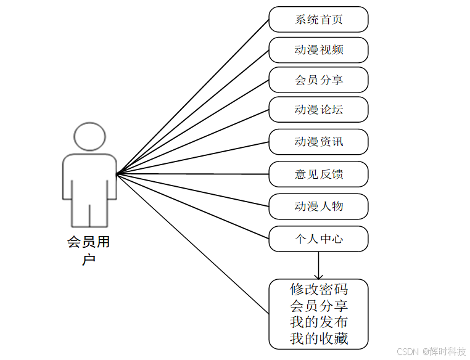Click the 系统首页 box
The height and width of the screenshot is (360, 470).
coord(318,19)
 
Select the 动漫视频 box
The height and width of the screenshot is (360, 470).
coord(318,50)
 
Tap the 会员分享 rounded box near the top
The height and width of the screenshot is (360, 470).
coord(318,80)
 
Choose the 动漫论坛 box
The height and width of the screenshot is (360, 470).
coord(318,110)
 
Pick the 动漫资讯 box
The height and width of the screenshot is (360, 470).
coord(318,142)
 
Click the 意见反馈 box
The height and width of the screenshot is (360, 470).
coord(318,174)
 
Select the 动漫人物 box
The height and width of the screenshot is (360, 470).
coord(318,207)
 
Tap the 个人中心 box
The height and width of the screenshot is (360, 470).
coord(318,239)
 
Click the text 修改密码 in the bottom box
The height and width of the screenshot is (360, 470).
coord(318,288)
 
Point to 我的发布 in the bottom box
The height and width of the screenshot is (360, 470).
coord(318,322)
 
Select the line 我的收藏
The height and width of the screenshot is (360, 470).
coord(318,338)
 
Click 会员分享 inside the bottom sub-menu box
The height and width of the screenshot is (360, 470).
coord(318,305)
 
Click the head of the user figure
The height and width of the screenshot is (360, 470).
coord(89,136)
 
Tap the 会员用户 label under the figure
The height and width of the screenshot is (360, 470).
coord(89,250)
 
